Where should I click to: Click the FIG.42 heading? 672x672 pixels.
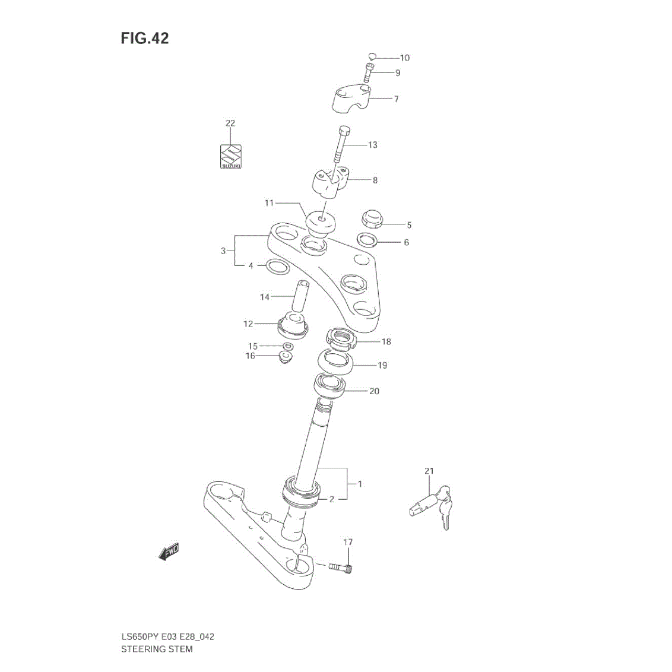145,38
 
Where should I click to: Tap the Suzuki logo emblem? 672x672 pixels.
231,157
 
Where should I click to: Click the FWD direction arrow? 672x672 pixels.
169,551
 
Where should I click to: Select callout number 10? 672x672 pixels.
405,58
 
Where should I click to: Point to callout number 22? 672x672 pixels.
230,123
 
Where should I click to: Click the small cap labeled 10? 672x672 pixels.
372,56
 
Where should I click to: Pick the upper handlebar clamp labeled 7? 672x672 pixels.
352,99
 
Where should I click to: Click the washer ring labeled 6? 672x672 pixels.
367,240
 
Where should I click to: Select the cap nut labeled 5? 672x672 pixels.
372,218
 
